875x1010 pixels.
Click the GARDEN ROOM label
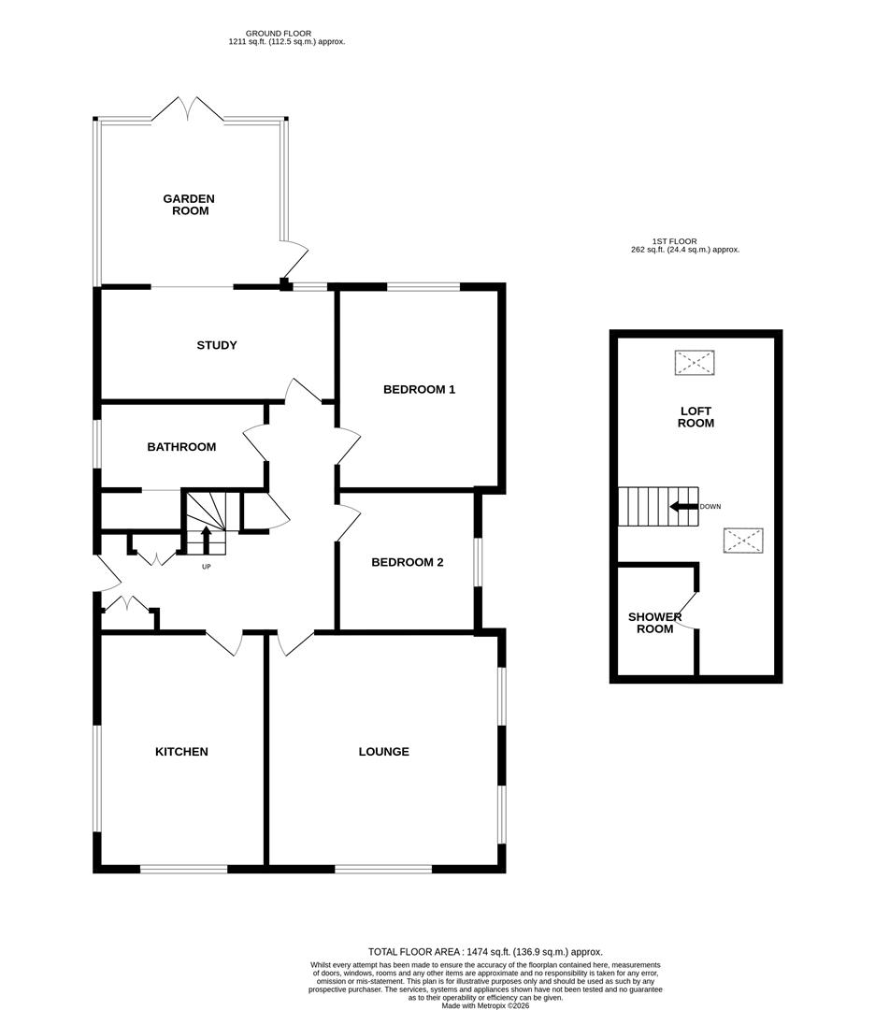[x=189, y=205]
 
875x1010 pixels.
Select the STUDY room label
[x=217, y=345]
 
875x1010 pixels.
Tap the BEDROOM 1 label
[x=419, y=389]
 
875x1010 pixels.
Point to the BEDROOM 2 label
[x=407, y=562]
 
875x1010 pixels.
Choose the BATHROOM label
[x=181, y=447]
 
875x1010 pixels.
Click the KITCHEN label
[x=181, y=752]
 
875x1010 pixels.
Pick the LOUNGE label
[x=383, y=752]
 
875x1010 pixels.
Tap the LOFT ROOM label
[x=696, y=417]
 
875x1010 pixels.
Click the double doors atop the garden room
[x=188, y=109]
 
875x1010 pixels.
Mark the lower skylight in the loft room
[x=742, y=541]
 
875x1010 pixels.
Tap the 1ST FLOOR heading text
[x=676, y=241]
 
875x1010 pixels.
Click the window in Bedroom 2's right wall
[x=478, y=561]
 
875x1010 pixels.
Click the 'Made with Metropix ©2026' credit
[x=486, y=1005]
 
